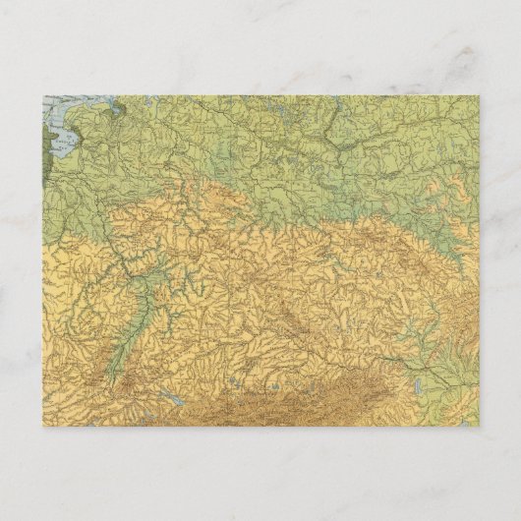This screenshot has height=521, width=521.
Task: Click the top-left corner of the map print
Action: tap(43, 95)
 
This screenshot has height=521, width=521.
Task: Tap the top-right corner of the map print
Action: tap(480, 95)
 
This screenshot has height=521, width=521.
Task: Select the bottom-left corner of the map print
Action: tap(43, 426)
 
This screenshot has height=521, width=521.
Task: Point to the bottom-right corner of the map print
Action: tap(480, 426)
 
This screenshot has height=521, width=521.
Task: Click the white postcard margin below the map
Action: tap(260, 467)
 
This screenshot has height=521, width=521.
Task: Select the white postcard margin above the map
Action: tap(260, 49)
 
